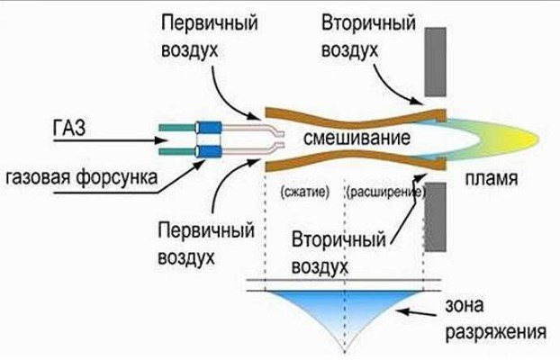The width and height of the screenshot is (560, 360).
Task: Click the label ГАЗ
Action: click(69, 128)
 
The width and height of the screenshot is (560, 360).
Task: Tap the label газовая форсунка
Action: click(81, 177)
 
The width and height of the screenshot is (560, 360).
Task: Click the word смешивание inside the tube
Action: click(357, 138)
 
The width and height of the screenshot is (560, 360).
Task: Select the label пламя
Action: click(491, 178)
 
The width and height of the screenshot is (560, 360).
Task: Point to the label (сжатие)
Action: click(304, 192)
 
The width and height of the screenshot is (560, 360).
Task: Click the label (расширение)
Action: click(386, 193)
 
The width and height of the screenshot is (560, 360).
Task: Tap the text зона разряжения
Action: click(496, 319)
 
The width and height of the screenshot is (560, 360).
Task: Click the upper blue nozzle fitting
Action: click(209, 128)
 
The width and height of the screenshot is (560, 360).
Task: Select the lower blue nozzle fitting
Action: click(209, 151)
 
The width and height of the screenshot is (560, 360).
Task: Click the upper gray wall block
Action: click(436, 62)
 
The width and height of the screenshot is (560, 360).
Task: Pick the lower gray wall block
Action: click(436, 217)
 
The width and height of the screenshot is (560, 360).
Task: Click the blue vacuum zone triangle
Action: click(344, 310)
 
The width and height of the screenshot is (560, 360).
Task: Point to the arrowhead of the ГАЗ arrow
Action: click(161, 140)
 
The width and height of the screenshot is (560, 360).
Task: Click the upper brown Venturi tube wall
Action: click(356, 118)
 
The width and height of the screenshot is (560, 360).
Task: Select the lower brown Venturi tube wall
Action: click(356, 160)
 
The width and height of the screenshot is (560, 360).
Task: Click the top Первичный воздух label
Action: click(210, 36)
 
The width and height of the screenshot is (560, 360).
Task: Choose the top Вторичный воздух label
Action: click(368, 36)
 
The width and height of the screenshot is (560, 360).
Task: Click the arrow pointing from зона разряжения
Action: click(417, 313)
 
